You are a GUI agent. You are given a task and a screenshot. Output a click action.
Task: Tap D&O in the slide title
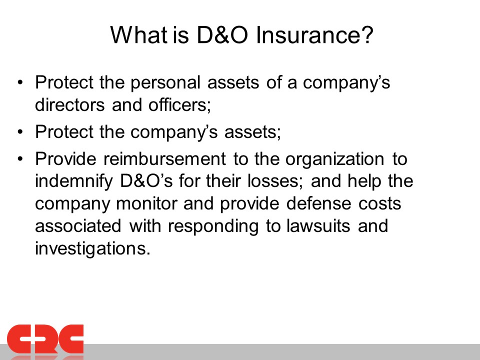tap(222, 35)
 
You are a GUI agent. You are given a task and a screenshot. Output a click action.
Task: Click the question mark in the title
tap(367, 34)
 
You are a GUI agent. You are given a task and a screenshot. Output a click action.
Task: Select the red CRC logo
tap(45, 340)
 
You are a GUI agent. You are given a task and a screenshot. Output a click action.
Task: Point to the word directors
tap(70, 104)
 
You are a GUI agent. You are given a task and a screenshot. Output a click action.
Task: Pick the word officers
tap(180, 104)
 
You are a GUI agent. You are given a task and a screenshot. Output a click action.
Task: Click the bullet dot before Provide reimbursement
tap(20, 159)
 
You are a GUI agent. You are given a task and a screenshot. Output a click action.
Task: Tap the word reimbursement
tap(164, 159)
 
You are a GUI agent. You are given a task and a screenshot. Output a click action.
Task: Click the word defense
tap(318, 203)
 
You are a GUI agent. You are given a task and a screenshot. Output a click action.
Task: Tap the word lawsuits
tap(318, 226)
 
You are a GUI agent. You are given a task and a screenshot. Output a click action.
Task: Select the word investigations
tap(93, 248)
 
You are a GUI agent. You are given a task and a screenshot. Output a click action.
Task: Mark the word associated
tap(78, 226)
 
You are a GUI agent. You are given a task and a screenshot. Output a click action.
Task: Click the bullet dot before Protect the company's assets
tap(20, 132)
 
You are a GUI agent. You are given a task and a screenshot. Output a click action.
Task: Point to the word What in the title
tap(138, 34)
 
